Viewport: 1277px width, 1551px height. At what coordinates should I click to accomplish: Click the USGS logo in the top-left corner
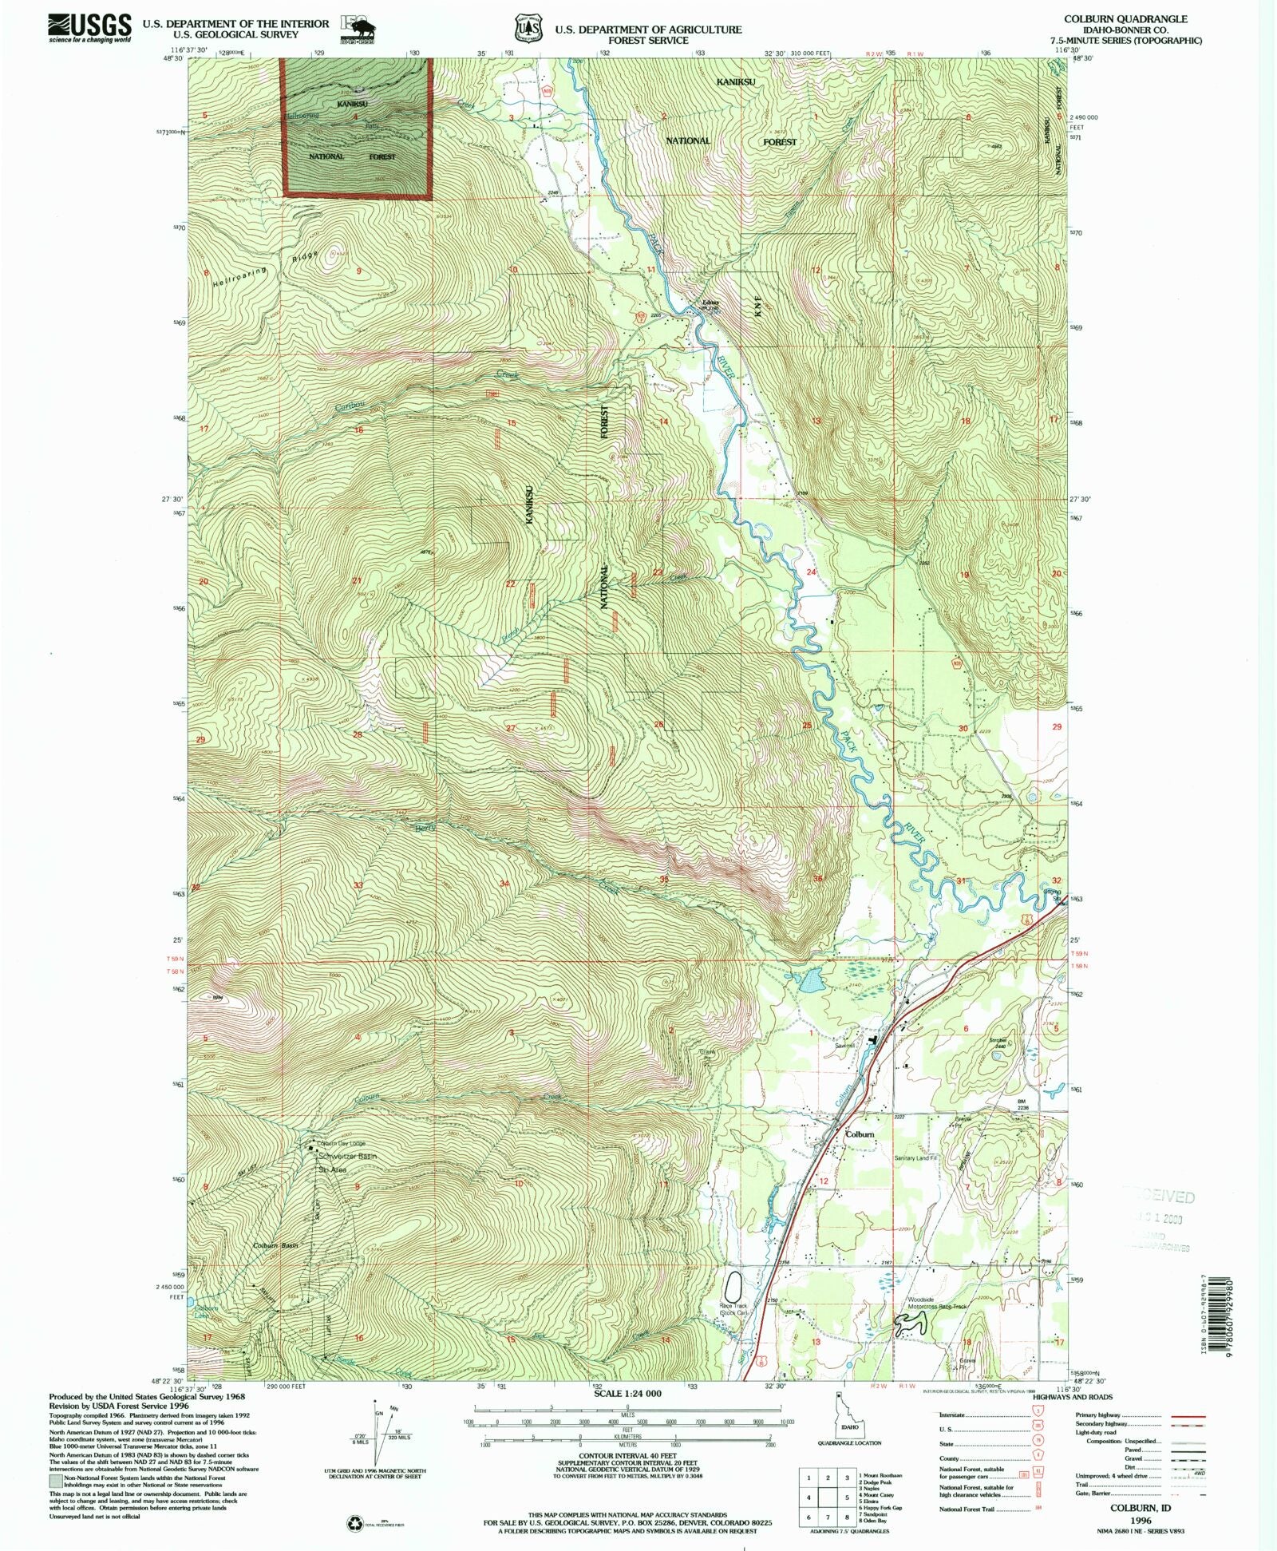[x=89, y=29]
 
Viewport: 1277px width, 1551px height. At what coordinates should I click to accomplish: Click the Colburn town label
[x=860, y=1134]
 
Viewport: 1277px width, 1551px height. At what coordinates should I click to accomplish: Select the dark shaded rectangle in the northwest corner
[x=357, y=127]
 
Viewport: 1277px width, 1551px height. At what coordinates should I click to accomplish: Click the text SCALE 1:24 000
[x=628, y=1393]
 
